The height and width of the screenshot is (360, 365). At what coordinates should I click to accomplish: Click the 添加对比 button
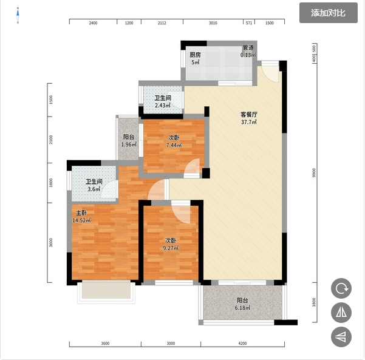pyautogui.click(x=328, y=13)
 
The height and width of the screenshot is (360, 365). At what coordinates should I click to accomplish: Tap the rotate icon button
pyautogui.click(x=341, y=288)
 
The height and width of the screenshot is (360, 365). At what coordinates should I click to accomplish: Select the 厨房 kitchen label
pyautogui.click(x=195, y=55)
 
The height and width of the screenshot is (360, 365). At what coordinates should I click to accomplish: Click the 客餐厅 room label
pyautogui.click(x=249, y=115)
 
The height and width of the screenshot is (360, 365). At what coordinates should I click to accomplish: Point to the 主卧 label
pyautogui.click(x=82, y=212)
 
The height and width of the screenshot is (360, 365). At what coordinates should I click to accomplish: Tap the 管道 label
pyautogui.click(x=248, y=47)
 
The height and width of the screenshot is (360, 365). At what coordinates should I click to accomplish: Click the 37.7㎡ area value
pyautogui.click(x=249, y=122)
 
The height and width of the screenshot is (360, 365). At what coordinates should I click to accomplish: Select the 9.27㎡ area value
pyautogui.click(x=171, y=248)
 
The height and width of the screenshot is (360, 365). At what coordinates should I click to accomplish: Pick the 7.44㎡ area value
pyautogui.click(x=174, y=146)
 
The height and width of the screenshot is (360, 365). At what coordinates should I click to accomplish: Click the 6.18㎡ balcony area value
pyautogui.click(x=242, y=308)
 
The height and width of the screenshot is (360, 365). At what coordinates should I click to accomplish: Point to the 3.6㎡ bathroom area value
pyautogui.click(x=94, y=189)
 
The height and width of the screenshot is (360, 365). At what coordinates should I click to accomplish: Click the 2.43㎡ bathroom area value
pyautogui.click(x=163, y=106)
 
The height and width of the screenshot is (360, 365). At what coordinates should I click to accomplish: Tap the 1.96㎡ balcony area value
pyautogui.click(x=129, y=144)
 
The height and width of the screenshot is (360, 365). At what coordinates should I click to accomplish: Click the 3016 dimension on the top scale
pyautogui.click(x=213, y=23)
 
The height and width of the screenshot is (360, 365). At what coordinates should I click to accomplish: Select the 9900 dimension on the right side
pyautogui.click(x=314, y=173)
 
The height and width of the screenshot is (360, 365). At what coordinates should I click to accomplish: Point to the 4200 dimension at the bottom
pyautogui.click(x=242, y=343)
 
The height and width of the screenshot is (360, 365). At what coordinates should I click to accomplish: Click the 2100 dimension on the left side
pyautogui.click(x=51, y=140)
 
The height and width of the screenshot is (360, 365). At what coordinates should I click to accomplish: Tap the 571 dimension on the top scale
pyautogui.click(x=249, y=23)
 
